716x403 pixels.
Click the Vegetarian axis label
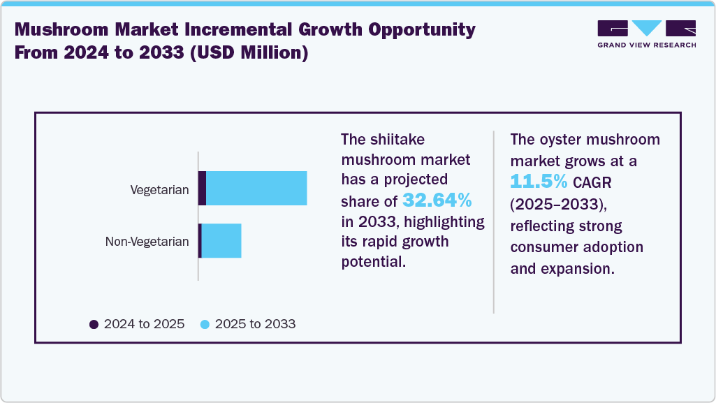[x=159, y=189]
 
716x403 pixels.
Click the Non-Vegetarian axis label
[x=147, y=242]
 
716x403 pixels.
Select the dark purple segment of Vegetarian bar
[x=202, y=189]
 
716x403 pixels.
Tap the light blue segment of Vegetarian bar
[x=256, y=189]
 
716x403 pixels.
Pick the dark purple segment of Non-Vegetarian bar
[x=200, y=241]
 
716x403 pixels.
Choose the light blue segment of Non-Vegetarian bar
[x=221, y=241]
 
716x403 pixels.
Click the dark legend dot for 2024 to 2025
[x=94, y=324]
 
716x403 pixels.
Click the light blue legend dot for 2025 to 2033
[x=205, y=324]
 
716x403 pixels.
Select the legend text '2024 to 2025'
[x=144, y=324]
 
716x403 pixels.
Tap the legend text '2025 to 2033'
[x=255, y=324]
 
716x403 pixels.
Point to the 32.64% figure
[x=437, y=201]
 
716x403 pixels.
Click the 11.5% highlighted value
[x=539, y=182]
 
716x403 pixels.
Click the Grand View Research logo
[x=646, y=34]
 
